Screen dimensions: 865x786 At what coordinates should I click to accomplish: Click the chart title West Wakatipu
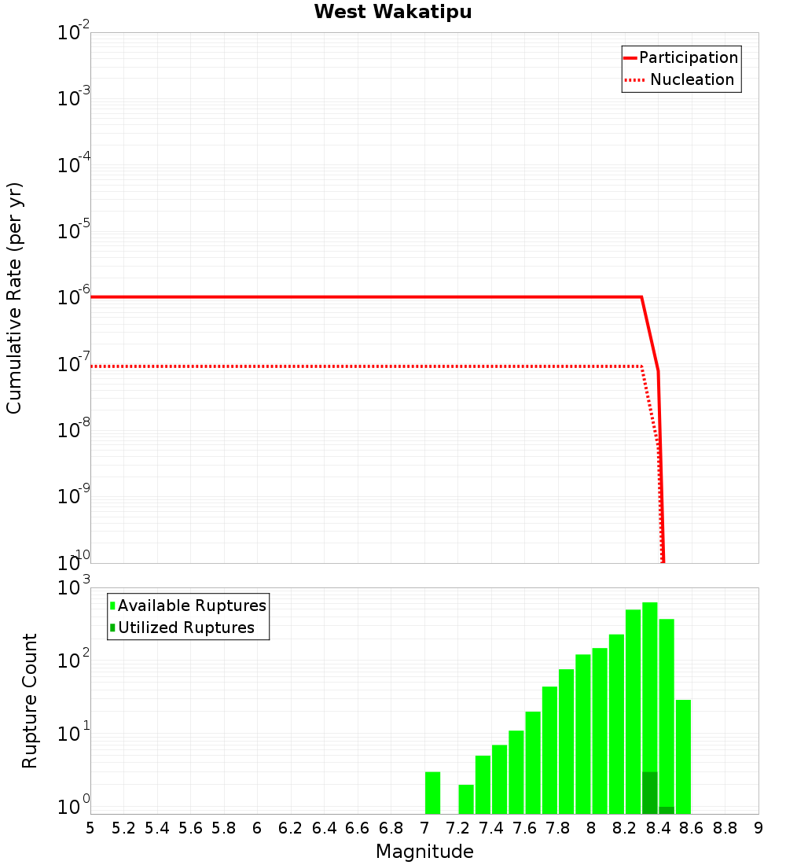tap(393, 13)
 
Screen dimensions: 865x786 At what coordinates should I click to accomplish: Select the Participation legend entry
tap(688, 58)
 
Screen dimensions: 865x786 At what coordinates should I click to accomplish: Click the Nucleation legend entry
tap(692, 80)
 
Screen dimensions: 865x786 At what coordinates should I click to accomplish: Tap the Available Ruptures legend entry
tap(192, 606)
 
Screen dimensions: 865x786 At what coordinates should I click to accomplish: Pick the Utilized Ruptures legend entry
tap(186, 628)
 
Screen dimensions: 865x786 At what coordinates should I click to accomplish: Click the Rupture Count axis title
tap(30, 701)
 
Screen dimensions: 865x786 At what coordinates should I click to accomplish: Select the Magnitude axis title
tap(424, 852)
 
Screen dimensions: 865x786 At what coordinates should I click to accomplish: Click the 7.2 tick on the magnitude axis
tap(457, 828)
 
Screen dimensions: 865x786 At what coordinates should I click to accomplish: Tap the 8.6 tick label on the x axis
tap(692, 828)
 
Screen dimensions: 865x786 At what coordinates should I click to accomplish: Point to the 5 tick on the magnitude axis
tap(90, 828)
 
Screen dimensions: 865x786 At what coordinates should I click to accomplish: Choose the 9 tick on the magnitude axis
tap(758, 828)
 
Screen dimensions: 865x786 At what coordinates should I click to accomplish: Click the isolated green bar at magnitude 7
tap(432, 793)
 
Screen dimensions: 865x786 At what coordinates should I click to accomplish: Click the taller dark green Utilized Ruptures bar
tap(650, 793)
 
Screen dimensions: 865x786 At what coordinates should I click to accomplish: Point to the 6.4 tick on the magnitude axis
tap(324, 828)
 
